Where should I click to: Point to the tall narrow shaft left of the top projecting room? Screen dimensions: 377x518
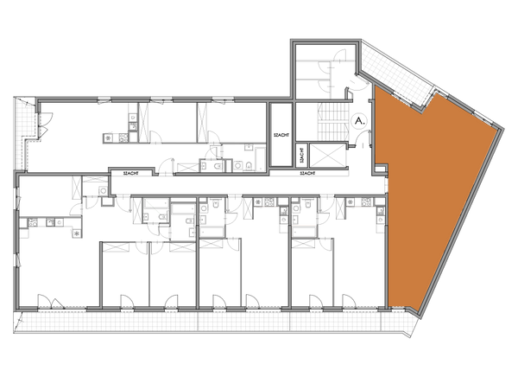pyautogui.click(x=281, y=134)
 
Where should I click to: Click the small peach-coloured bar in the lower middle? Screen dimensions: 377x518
pyautogui.click(x=303, y=225)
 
